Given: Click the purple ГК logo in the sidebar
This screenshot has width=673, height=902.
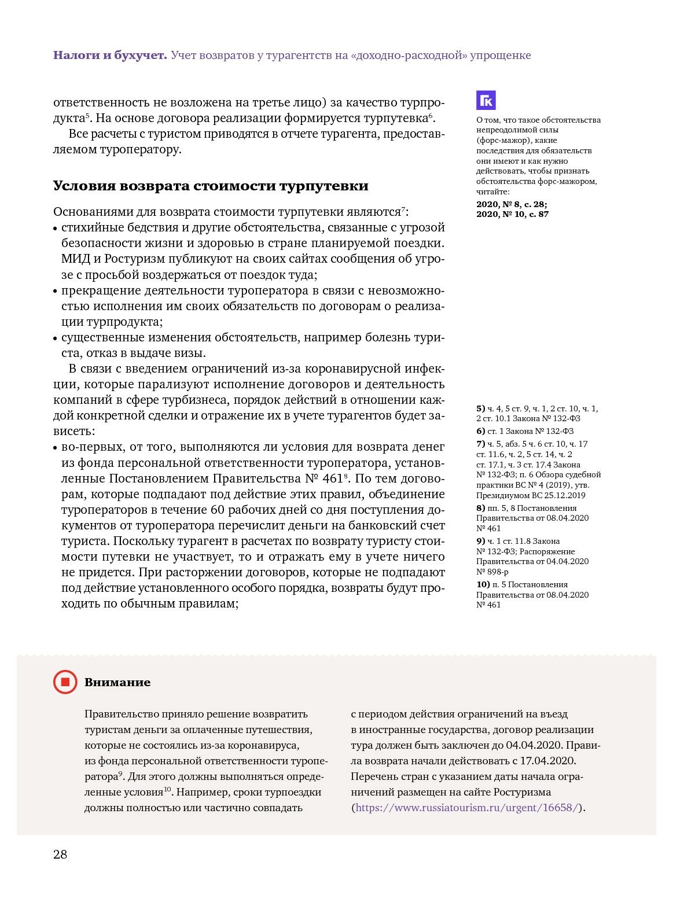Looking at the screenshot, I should (486, 100).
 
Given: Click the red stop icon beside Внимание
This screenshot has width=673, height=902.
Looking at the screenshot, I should (65, 682).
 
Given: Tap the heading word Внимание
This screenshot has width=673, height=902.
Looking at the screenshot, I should (117, 683).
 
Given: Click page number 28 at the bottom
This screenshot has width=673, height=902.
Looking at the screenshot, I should (60, 855).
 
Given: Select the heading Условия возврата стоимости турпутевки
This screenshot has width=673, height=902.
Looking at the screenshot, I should (211, 186).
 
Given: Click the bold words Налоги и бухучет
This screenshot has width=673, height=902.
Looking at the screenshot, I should (110, 56).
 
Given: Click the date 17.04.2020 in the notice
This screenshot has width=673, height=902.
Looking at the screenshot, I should (547, 761).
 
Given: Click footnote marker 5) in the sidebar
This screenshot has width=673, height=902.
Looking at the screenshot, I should (480, 408).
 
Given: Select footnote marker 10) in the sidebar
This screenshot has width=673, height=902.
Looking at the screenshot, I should (483, 584).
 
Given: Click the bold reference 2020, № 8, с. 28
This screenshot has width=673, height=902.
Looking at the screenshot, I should (512, 204).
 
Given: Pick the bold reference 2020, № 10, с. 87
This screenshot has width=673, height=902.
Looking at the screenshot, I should (512, 214).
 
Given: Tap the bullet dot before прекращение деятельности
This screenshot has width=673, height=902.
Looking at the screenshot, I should (56, 292).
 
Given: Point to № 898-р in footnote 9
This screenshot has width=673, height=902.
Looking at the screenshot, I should (492, 572).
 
